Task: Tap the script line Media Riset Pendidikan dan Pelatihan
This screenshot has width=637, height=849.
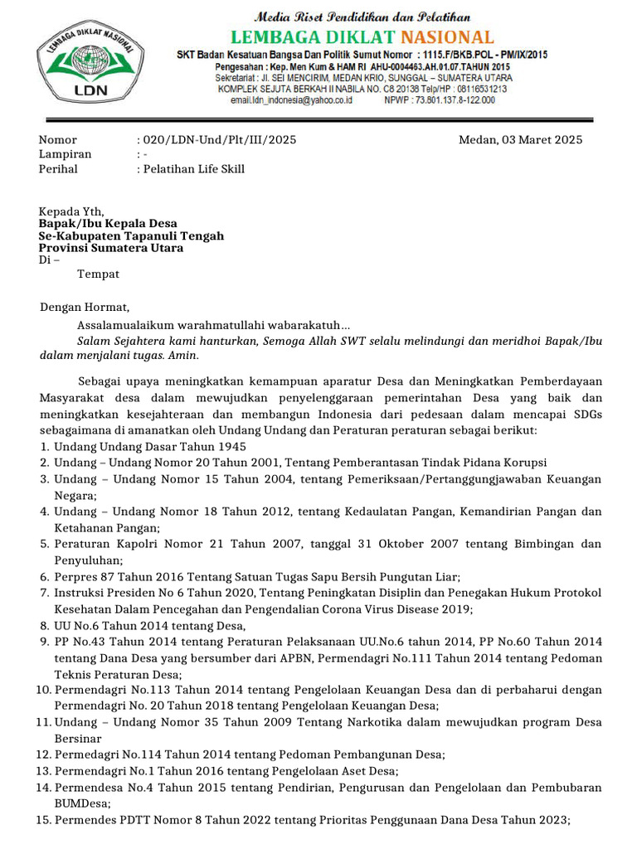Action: pyautogui.click(x=362, y=17)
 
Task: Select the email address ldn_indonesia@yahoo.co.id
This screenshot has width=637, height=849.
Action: pyautogui.click(x=292, y=99)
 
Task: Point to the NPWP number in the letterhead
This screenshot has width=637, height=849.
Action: pyautogui.click(x=440, y=99)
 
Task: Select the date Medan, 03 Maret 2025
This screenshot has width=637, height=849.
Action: pyautogui.click(x=520, y=139)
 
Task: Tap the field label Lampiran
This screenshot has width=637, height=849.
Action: pyautogui.click(x=66, y=154)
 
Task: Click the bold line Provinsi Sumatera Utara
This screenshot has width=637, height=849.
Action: pyautogui.click(x=111, y=248)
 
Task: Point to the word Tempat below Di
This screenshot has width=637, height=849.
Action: pyautogui.click(x=98, y=274)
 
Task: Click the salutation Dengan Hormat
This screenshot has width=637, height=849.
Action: pyautogui.click(x=85, y=307)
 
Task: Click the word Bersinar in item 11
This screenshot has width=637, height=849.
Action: pyautogui.click(x=78, y=738)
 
